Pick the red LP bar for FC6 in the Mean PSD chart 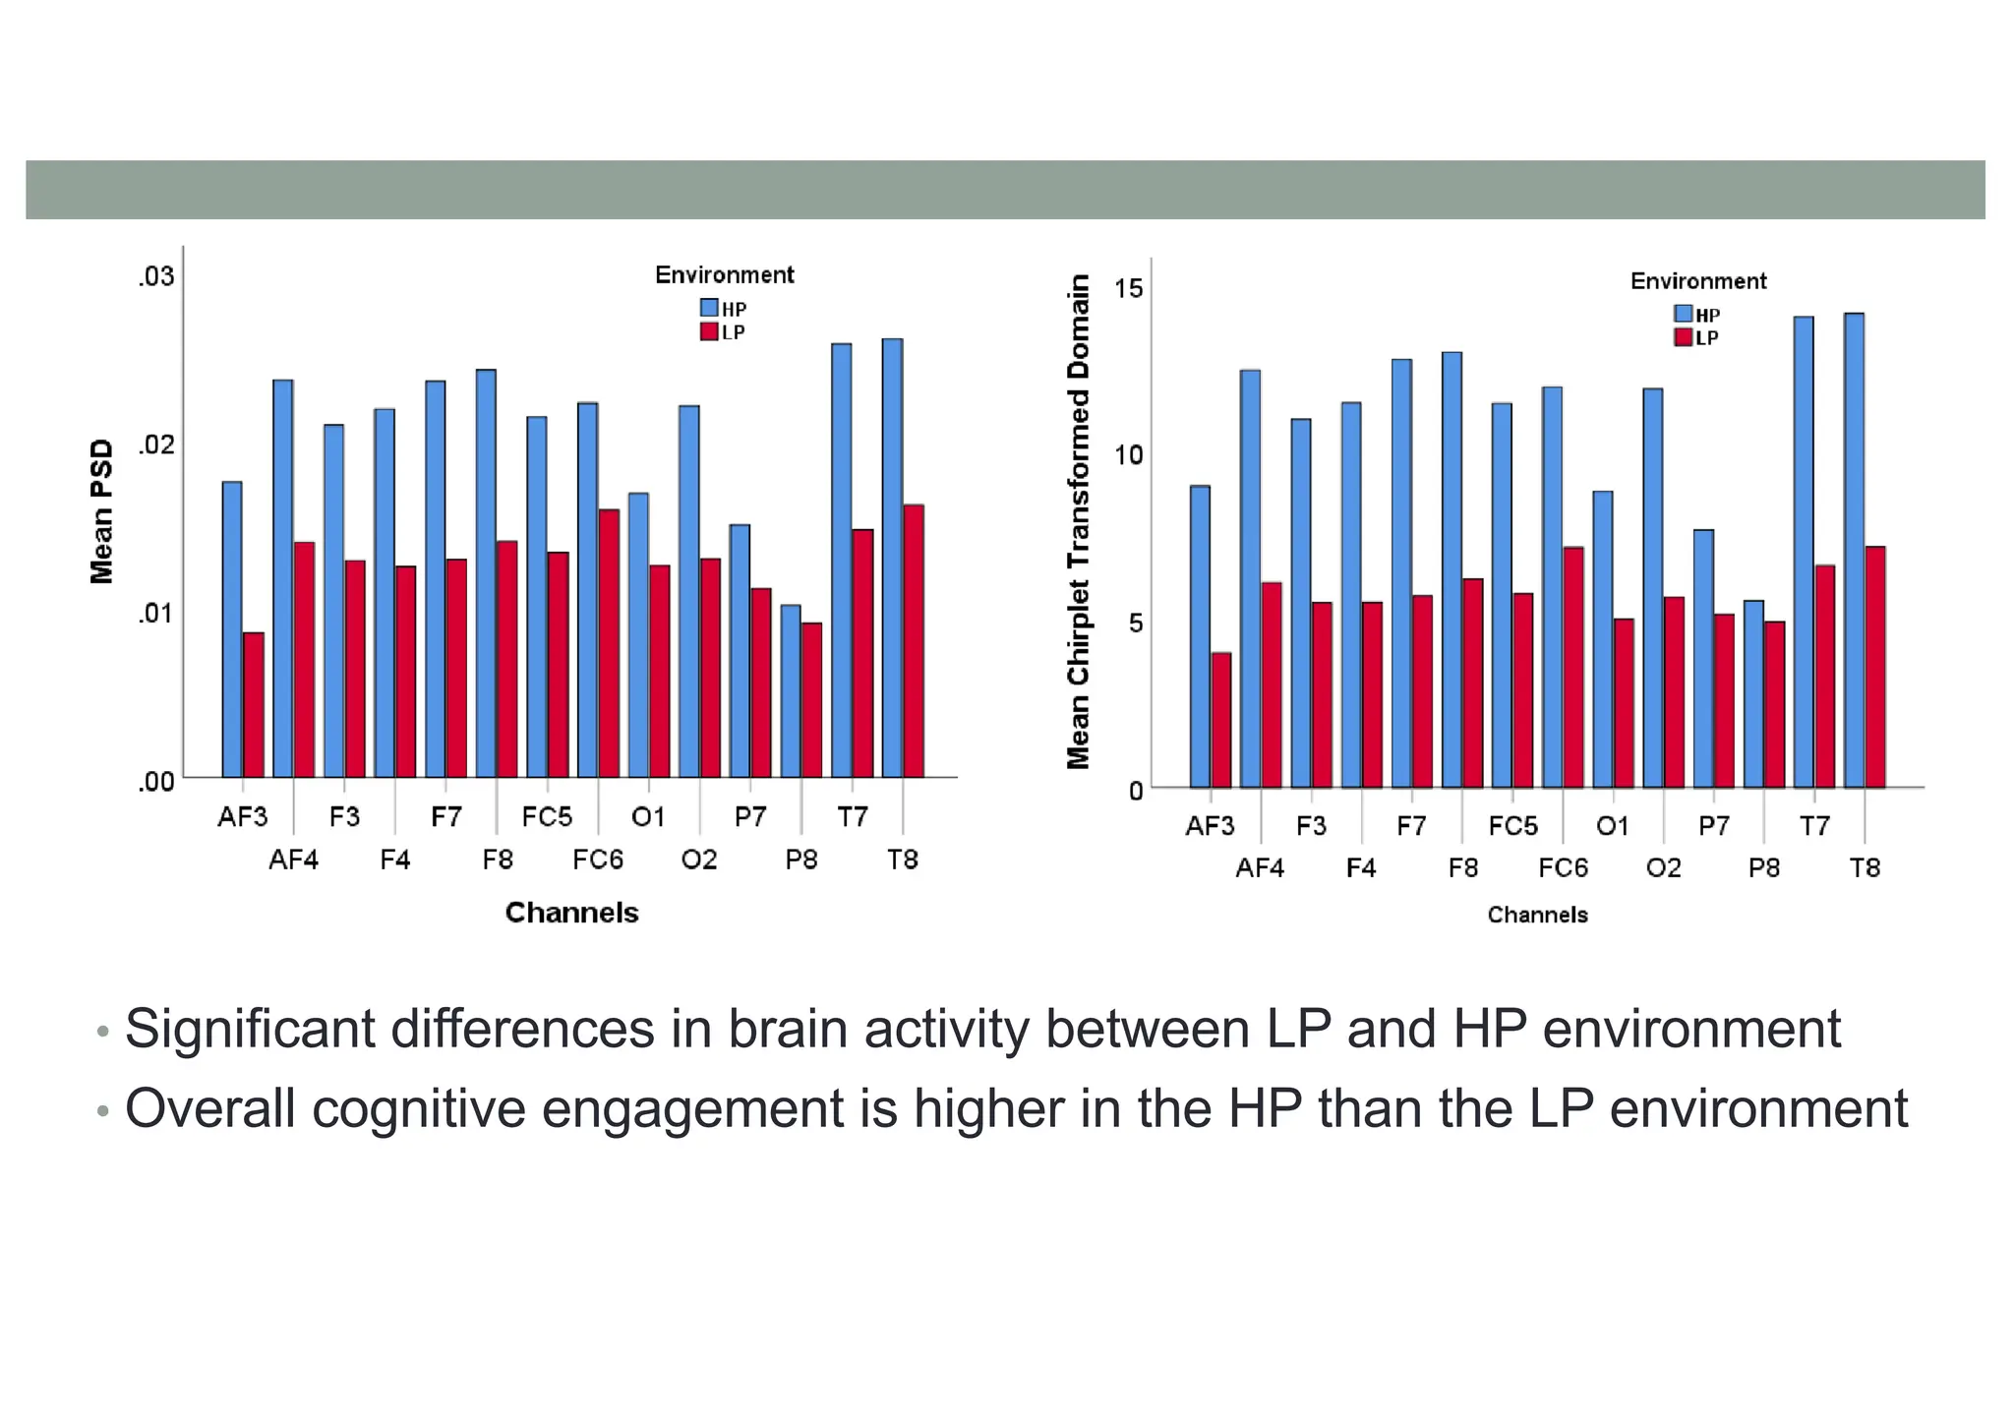click(609, 643)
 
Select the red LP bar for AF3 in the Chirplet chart click(1221, 720)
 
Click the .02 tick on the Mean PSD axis click(155, 445)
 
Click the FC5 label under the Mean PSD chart click(547, 817)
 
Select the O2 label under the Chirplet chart click(1664, 868)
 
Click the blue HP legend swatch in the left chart click(709, 308)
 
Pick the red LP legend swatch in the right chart click(1684, 337)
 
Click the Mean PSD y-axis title click(101, 511)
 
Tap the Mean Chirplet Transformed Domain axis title click(1079, 521)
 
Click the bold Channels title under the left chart click(571, 913)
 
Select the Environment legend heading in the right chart click(1698, 281)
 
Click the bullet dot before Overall click(102, 1112)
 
